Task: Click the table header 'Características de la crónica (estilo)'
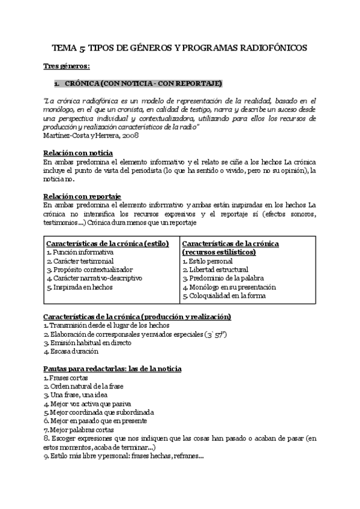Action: click(107, 244)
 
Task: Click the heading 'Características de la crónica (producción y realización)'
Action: click(137, 316)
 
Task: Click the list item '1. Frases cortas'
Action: click(65, 378)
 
